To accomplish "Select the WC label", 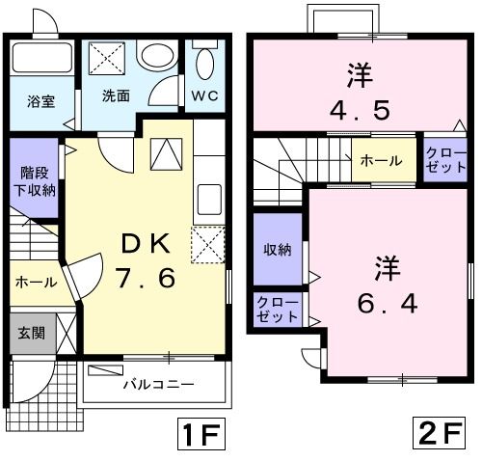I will (204, 95).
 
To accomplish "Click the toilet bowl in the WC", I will (204, 64).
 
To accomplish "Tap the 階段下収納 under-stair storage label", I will (37, 180).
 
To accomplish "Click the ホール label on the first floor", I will (36, 282).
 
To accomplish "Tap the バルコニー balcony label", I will (158, 384).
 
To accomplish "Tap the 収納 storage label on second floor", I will (278, 250).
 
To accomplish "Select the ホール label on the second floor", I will (381, 162).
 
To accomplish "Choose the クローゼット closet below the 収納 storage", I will (277, 310).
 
